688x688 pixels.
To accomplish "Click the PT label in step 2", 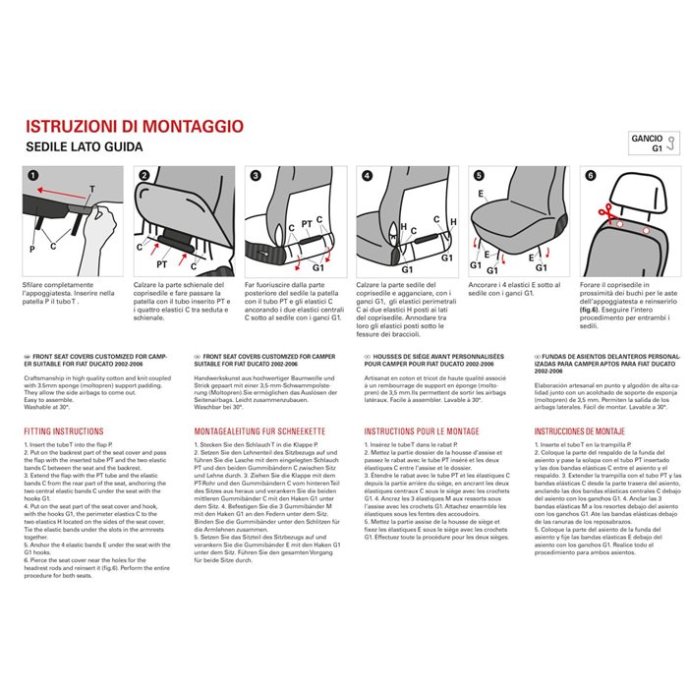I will point(161,263).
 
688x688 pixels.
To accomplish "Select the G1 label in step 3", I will point(317,265).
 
